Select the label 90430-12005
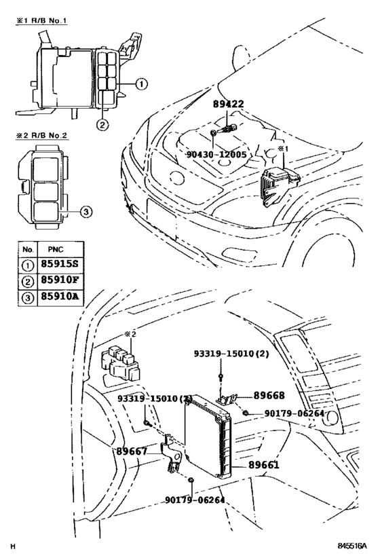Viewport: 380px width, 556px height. pyautogui.click(x=215, y=155)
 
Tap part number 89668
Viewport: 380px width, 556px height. pyautogui.click(x=269, y=395)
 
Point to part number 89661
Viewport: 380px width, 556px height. pyautogui.click(x=264, y=465)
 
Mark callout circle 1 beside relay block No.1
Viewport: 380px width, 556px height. pyautogui.click(x=140, y=85)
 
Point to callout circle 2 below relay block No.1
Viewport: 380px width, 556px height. pyautogui.click(x=102, y=124)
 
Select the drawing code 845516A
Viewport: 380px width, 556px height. pyautogui.click(x=351, y=546)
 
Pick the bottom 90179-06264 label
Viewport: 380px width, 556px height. pyautogui.click(x=194, y=500)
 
